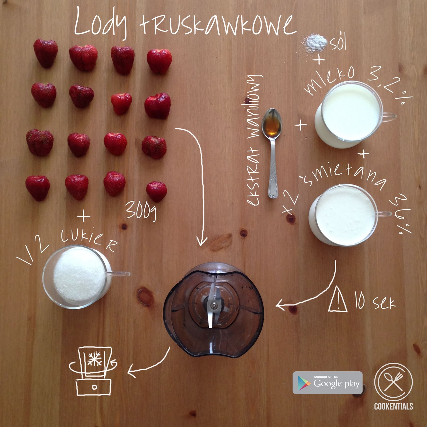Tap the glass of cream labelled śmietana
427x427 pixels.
click(x=344, y=215)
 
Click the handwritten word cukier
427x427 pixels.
click(x=89, y=239)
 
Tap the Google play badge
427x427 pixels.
click(x=328, y=383)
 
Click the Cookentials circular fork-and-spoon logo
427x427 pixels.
click(x=393, y=382)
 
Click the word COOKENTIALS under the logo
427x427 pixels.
click(x=393, y=406)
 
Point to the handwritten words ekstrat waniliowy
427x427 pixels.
click(x=254, y=140)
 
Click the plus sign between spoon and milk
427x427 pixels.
click(x=301, y=125)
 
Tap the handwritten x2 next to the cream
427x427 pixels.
click(x=290, y=203)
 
